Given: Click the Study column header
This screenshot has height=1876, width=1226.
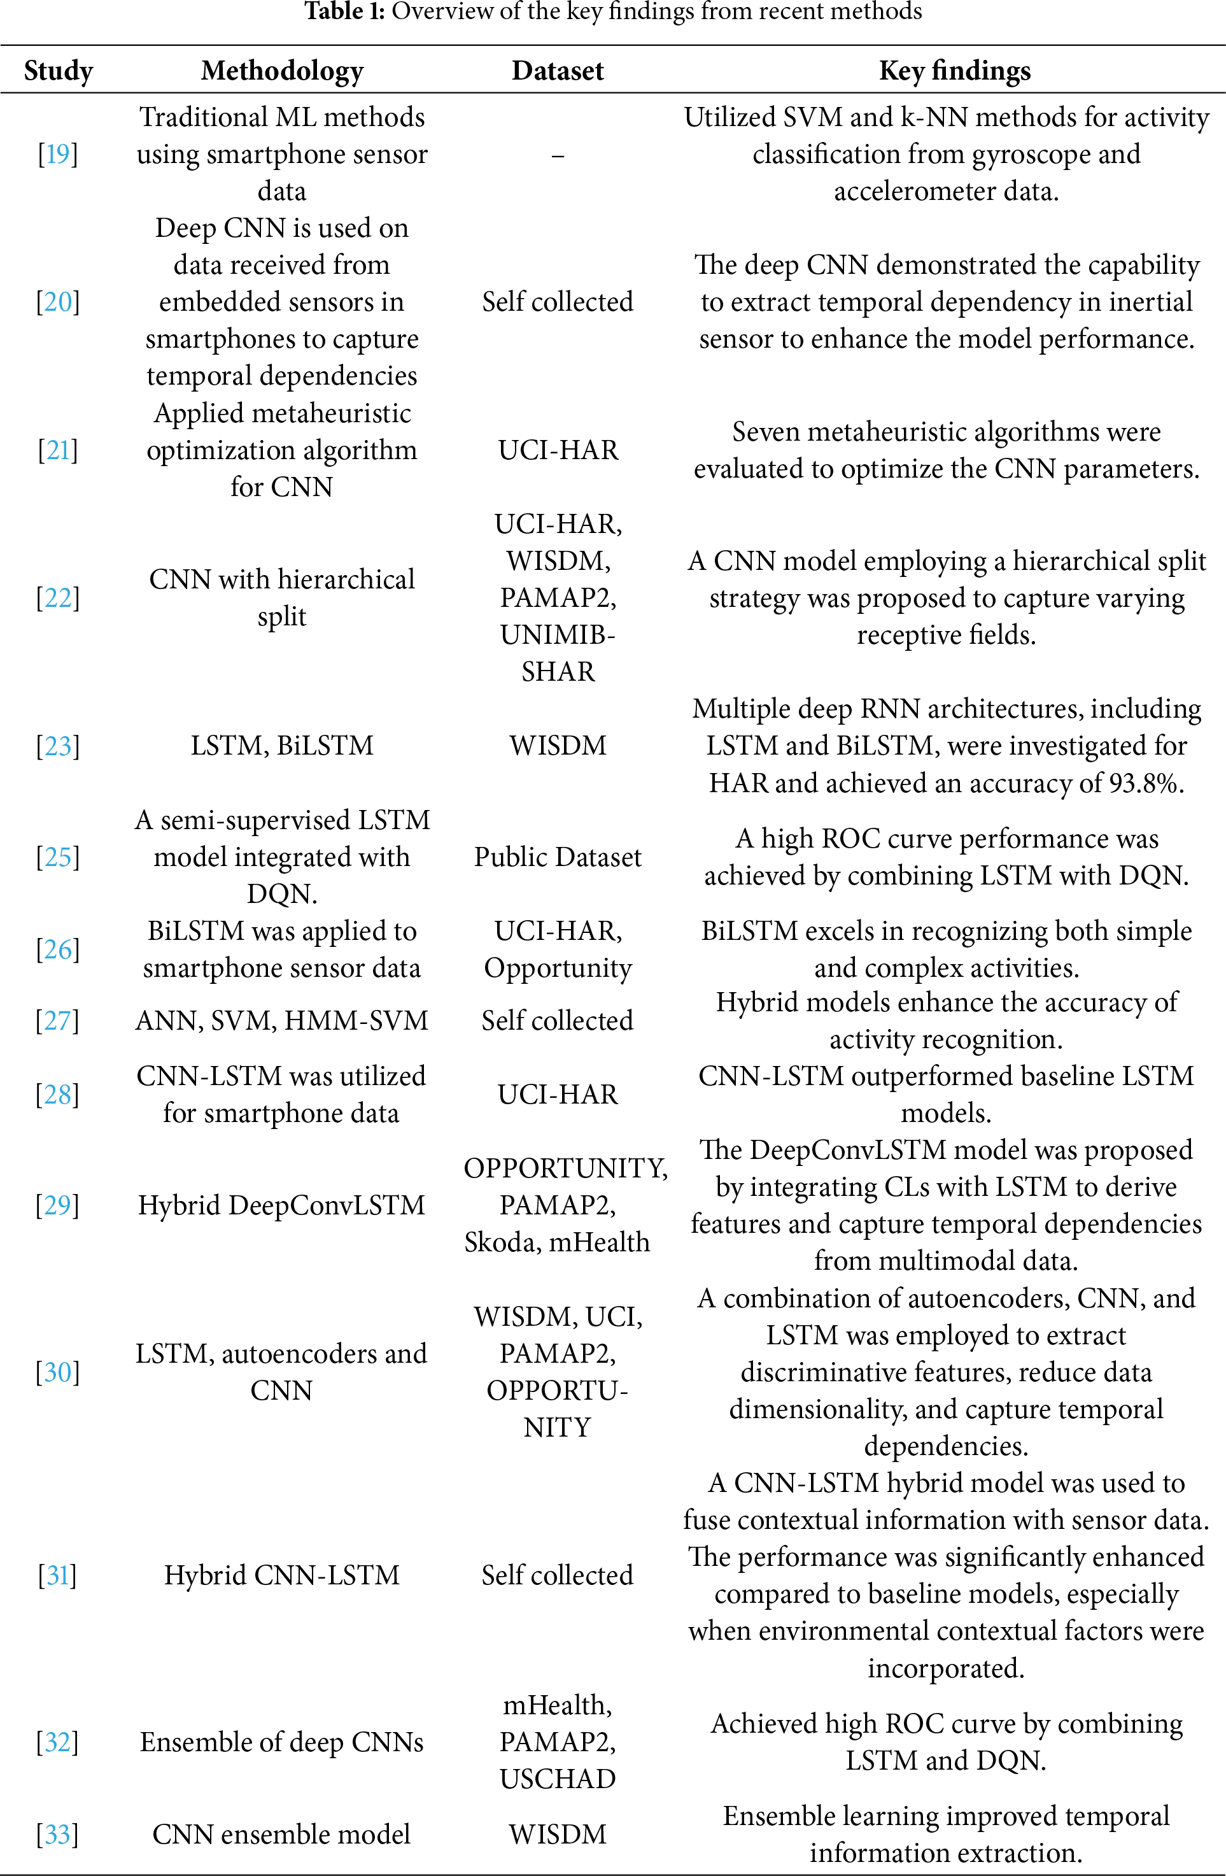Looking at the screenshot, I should tap(59, 71).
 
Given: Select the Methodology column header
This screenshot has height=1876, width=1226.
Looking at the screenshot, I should tap(282, 71).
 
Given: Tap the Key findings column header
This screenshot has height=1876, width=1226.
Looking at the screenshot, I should tap(954, 71).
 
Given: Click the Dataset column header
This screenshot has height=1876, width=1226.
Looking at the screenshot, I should tap(557, 71).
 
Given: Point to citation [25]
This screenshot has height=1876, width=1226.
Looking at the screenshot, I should tap(57, 857).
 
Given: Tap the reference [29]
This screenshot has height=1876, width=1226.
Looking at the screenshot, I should tap(57, 1205).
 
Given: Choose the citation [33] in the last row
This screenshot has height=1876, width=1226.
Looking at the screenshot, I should tap(57, 1834).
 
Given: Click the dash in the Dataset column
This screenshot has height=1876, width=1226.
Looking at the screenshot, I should tap(557, 156).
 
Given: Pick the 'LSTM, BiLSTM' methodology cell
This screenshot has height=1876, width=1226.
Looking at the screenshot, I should tap(282, 746).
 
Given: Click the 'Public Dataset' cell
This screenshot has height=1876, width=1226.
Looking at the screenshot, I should tap(557, 857).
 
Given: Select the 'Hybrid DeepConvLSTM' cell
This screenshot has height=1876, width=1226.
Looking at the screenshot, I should tap(281, 1205).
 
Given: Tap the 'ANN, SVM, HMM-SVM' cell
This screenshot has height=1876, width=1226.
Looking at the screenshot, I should tap(281, 1021).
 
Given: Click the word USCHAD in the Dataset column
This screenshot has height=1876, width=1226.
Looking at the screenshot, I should tap(557, 1779).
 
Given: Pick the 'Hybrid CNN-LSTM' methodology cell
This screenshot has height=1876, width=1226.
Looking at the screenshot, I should tap(281, 1575).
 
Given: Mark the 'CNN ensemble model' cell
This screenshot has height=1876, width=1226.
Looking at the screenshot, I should tap(281, 1834).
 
